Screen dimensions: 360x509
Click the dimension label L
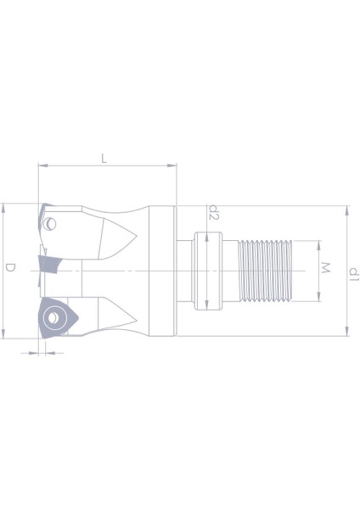point(104,159)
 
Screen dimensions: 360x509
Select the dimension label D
point(10,268)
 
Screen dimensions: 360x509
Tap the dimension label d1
point(354,274)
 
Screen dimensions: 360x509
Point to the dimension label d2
point(214,212)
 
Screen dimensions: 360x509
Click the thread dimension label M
point(325,268)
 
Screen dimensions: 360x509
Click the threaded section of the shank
point(265,271)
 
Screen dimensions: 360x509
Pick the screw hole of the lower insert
point(53,318)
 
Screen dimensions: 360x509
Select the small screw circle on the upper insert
point(50,224)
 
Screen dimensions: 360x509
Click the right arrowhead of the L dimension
point(172,165)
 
